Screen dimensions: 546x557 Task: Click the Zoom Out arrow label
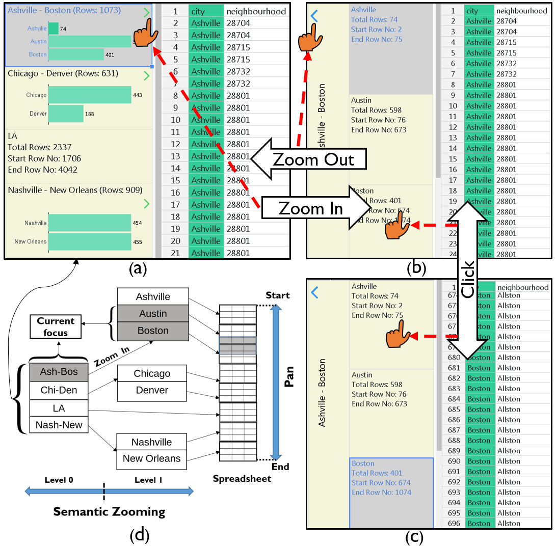(313, 159)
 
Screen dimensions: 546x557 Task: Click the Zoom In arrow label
(311, 208)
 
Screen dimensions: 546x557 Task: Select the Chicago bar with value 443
(90, 95)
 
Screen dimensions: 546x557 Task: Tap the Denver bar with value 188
(66, 114)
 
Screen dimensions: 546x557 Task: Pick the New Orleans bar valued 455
(90, 241)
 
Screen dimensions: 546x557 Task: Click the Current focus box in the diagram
(56, 327)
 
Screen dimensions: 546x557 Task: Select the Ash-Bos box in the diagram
(59, 372)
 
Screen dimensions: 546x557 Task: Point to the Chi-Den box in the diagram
(59, 390)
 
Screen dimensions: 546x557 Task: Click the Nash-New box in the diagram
(59, 425)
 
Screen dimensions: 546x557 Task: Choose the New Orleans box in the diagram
(151, 458)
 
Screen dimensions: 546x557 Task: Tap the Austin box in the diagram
(153, 314)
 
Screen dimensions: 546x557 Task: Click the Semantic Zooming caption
(110, 512)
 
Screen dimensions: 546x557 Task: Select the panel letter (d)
(140, 535)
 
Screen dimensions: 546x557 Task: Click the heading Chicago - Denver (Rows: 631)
(63, 74)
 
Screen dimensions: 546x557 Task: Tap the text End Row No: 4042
(43, 170)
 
